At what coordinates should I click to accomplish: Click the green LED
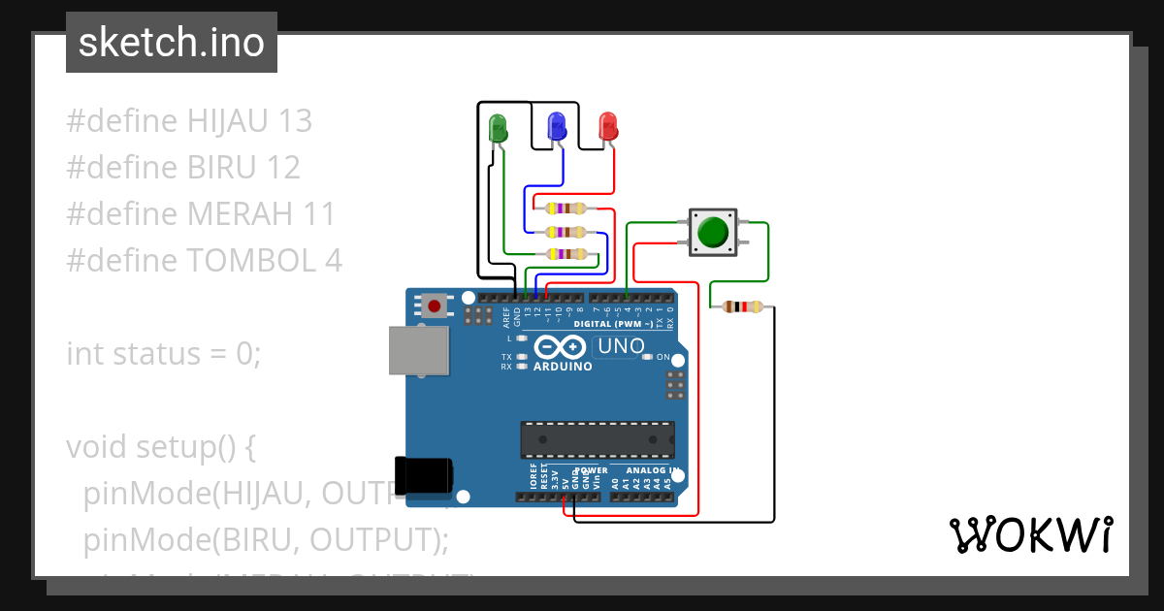pyautogui.click(x=499, y=127)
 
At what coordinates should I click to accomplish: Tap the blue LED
pyautogui.click(x=557, y=126)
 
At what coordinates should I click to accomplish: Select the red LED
pyautogui.click(x=608, y=126)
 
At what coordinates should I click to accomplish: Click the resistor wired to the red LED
pyautogui.click(x=566, y=209)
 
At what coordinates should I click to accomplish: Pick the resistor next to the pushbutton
pyautogui.click(x=743, y=307)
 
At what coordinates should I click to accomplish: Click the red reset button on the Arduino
pyautogui.click(x=434, y=306)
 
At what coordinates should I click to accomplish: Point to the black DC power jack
pyautogui.click(x=423, y=474)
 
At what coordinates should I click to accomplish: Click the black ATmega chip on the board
pyautogui.click(x=598, y=439)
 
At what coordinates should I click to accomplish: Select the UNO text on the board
pyautogui.click(x=621, y=346)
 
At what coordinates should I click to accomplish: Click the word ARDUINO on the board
pyautogui.click(x=562, y=367)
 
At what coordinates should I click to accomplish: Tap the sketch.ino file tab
pyautogui.click(x=172, y=43)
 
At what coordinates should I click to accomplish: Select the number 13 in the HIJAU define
pyautogui.click(x=295, y=120)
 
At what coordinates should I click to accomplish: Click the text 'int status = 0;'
pyautogui.click(x=164, y=353)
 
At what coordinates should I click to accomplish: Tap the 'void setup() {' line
pyautogui.click(x=160, y=447)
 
